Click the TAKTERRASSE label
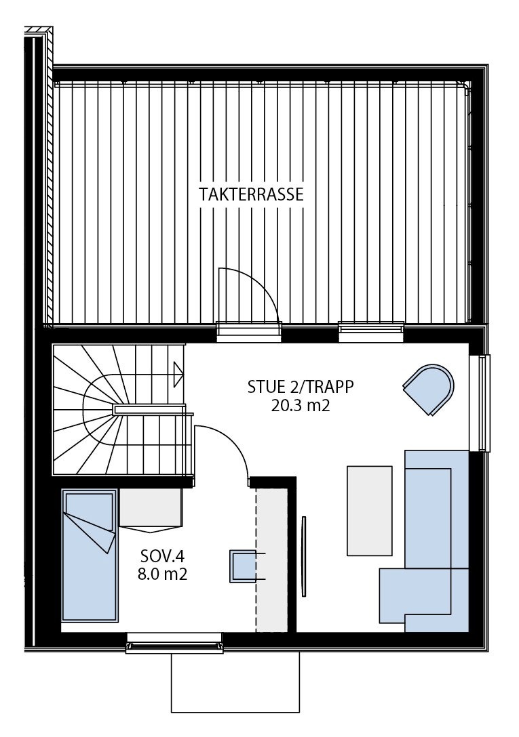pos(251,195)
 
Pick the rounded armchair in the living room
pos(428,388)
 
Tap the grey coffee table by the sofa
pos(369,510)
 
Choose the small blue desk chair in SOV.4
pos(242,566)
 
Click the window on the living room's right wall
pos(484,402)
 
